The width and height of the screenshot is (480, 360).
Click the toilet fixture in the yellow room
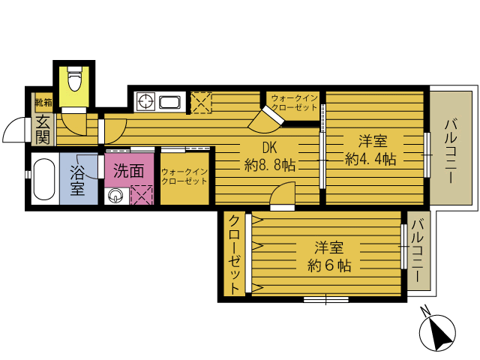pos(74,78)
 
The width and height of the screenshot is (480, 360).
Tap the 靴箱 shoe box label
pos(43,102)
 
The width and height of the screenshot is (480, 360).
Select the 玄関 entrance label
pos(43,130)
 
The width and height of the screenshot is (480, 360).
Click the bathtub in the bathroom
pos(44,179)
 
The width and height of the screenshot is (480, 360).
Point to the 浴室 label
pos(77,180)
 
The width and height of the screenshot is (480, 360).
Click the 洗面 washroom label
pos(128,171)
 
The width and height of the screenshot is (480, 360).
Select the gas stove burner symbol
pos(146,101)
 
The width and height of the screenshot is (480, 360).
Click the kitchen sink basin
pos(170,102)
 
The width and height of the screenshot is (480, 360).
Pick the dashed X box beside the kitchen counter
pos(201,103)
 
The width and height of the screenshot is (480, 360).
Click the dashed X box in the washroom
pos(142,195)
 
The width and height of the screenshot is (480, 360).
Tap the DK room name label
pos(269,148)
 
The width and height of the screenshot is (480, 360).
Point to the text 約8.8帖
pos(270,165)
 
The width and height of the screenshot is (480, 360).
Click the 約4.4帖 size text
pos(370,159)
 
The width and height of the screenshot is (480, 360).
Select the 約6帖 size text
pos(329,265)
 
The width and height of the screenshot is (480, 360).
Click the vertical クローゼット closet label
pos(234,254)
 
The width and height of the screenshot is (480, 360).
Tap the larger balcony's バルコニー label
pos(451,151)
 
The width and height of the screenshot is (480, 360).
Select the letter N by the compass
pos(424,310)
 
